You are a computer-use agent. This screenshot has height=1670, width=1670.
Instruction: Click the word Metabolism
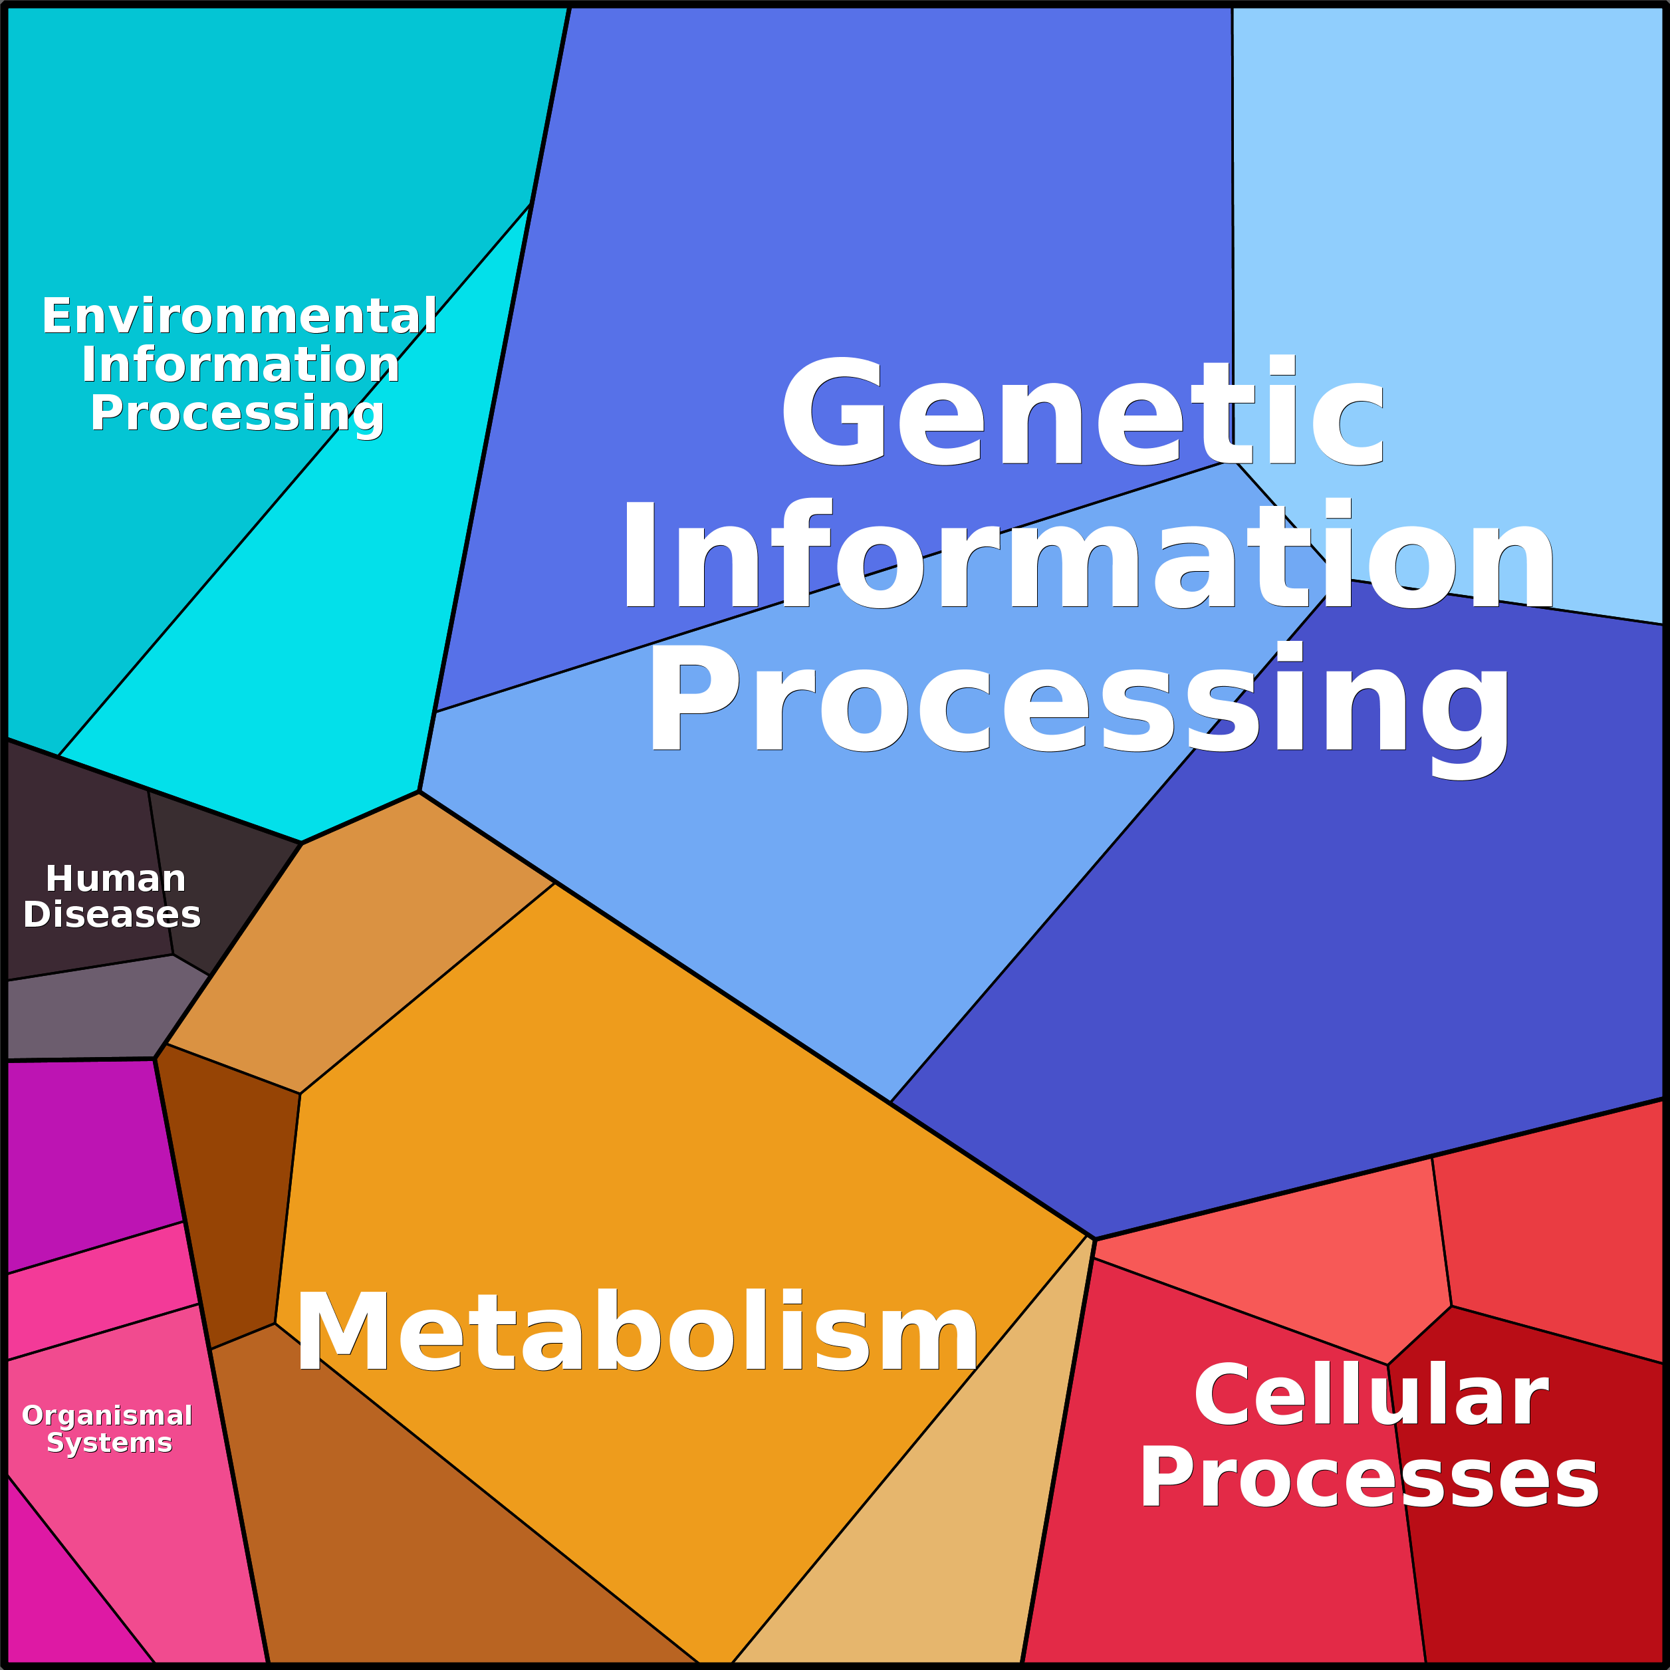tap(637, 1332)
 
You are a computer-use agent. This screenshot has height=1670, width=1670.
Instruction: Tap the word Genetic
tap(1082, 412)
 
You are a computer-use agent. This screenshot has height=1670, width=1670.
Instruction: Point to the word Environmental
tap(239, 316)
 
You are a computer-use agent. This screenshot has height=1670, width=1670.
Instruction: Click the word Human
tap(115, 879)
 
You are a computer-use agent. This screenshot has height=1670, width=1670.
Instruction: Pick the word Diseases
tap(112, 915)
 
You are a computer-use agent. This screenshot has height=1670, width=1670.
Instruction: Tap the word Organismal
tap(107, 1415)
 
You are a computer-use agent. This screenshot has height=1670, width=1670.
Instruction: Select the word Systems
tap(109, 1443)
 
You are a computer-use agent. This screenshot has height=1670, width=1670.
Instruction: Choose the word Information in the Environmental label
tap(240, 365)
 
